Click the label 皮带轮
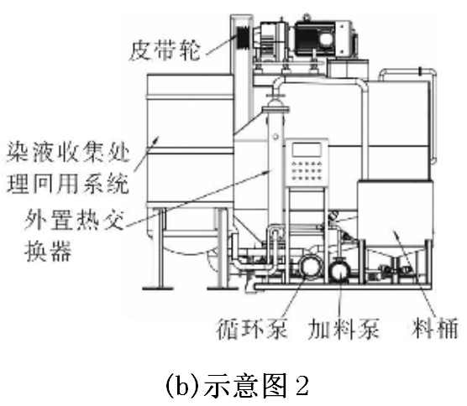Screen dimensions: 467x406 pyautogui.click(x=165, y=51)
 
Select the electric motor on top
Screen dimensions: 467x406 pyautogui.click(x=325, y=38)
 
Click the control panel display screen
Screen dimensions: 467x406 pyautogui.click(x=307, y=149)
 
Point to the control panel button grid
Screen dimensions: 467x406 pyautogui.click(x=307, y=171)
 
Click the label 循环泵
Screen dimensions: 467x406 pyautogui.click(x=252, y=329)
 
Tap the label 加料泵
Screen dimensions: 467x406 pyautogui.click(x=344, y=329)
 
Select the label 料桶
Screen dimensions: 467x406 pyautogui.click(x=434, y=328)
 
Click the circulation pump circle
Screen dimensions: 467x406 pyautogui.click(x=310, y=266)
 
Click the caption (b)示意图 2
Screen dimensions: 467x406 pyautogui.click(x=237, y=386)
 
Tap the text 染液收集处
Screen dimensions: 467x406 pyautogui.click(x=68, y=151)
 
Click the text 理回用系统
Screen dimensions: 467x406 pyautogui.click(x=68, y=183)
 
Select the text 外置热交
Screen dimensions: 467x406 pyautogui.click(x=74, y=220)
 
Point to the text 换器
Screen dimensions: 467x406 pyautogui.click(x=48, y=251)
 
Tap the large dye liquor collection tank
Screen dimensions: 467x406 pyautogui.click(x=190, y=140)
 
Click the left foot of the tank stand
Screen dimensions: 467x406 pyautogui.click(x=158, y=288)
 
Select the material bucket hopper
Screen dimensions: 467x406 pyautogui.click(x=395, y=214)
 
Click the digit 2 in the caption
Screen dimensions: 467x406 pyautogui.click(x=302, y=386)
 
